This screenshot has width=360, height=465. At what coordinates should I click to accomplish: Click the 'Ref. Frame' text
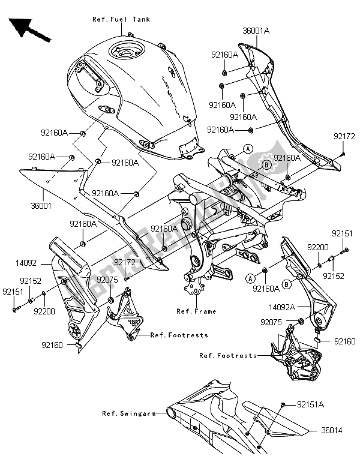point(196,311)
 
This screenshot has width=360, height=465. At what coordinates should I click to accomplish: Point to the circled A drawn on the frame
point(247,148)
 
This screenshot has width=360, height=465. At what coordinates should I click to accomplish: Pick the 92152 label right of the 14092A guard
point(334,276)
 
